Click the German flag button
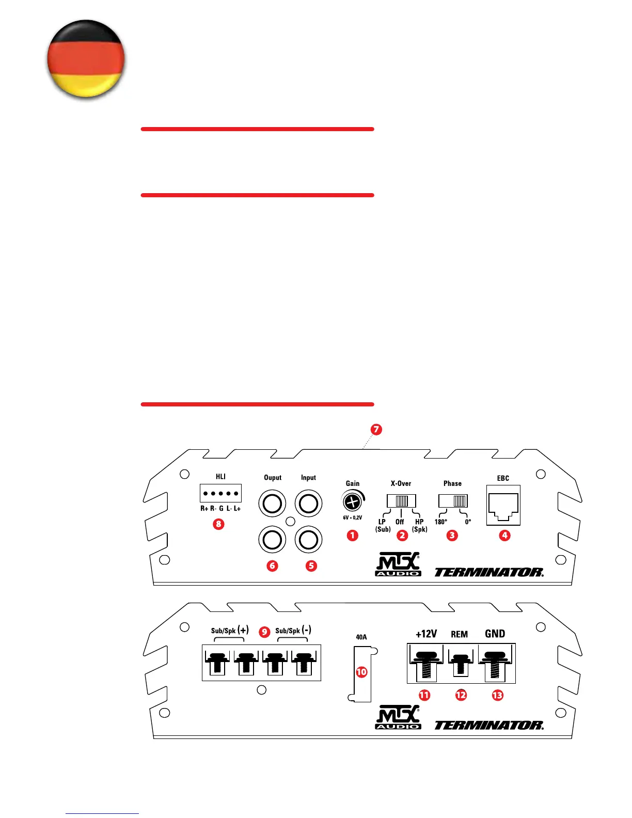pyautogui.click(x=86, y=59)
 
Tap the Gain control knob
pyautogui.click(x=352, y=501)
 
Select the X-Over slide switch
pyautogui.click(x=401, y=500)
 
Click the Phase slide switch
pyautogui.click(x=453, y=500)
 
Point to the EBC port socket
pyautogui.click(x=503, y=506)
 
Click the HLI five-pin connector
pyautogui.click(x=220, y=493)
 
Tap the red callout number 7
pyautogui.click(x=376, y=429)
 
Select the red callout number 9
pyautogui.click(x=264, y=632)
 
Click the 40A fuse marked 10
pyautogui.click(x=361, y=672)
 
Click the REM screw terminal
pyautogui.click(x=460, y=664)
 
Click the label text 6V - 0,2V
pyautogui.click(x=353, y=517)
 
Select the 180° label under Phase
pyautogui.click(x=440, y=522)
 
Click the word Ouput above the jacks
pyautogui.click(x=273, y=478)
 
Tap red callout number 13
pyautogui.click(x=497, y=695)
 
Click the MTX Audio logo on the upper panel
pyautogui.click(x=398, y=564)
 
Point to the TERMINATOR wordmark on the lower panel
pyautogui.click(x=488, y=725)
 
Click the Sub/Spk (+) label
pyautogui.click(x=230, y=630)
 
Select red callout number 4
pyautogui.click(x=504, y=536)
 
